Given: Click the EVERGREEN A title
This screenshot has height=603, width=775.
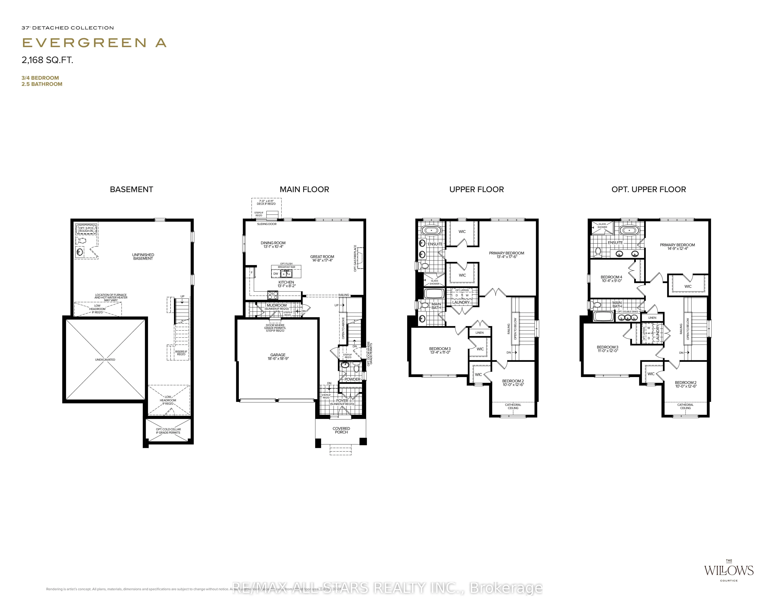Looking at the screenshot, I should [94, 43].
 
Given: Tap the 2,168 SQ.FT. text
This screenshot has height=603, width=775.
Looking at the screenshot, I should [47, 60].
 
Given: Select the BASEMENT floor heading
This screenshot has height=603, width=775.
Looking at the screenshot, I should [131, 190].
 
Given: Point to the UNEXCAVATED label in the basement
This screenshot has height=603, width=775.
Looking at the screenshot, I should [105, 360].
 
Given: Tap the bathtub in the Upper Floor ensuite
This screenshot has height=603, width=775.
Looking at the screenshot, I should [432, 231].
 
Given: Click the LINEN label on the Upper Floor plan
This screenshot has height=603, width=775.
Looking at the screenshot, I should [479, 333].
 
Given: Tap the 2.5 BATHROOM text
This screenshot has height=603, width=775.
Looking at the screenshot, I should [42, 84].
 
